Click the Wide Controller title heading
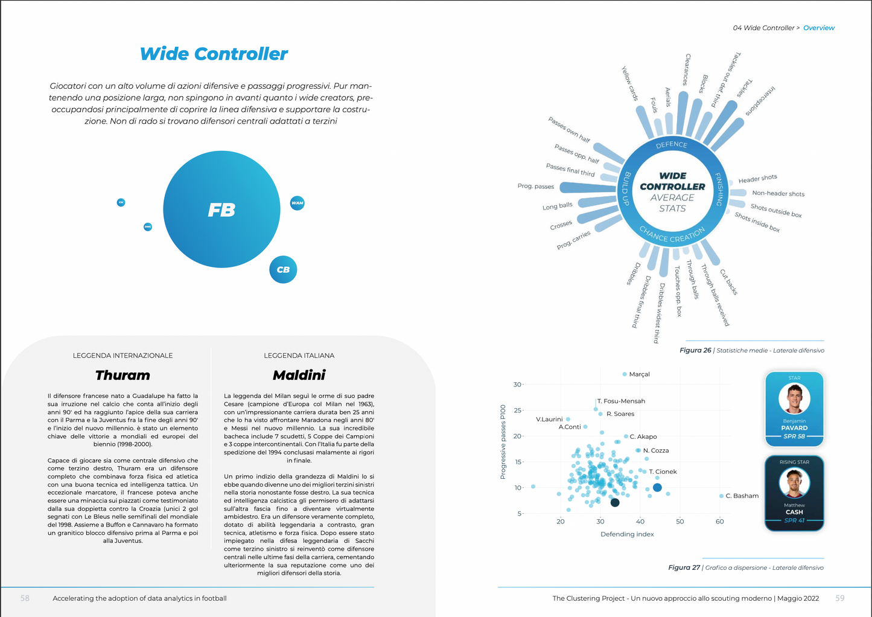[x=214, y=54]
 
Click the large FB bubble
[x=221, y=209]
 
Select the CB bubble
[x=283, y=270]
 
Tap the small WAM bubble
[x=297, y=203]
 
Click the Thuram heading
[x=123, y=375]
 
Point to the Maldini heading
[x=299, y=375]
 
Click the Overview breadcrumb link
[x=818, y=28]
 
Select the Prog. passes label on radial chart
[x=535, y=187]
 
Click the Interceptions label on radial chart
[x=760, y=101]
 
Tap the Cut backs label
[x=728, y=282]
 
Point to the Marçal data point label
[x=639, y=374]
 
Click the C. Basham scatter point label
[x=742, y=496]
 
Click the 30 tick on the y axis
[x=517, y=385]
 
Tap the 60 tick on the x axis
[x=719, y=522]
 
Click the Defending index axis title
[x=627, y=534]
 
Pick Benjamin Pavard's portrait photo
[x=794, y=398]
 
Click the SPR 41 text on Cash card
[x=794, y=520]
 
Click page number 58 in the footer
[x=25, y=598]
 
